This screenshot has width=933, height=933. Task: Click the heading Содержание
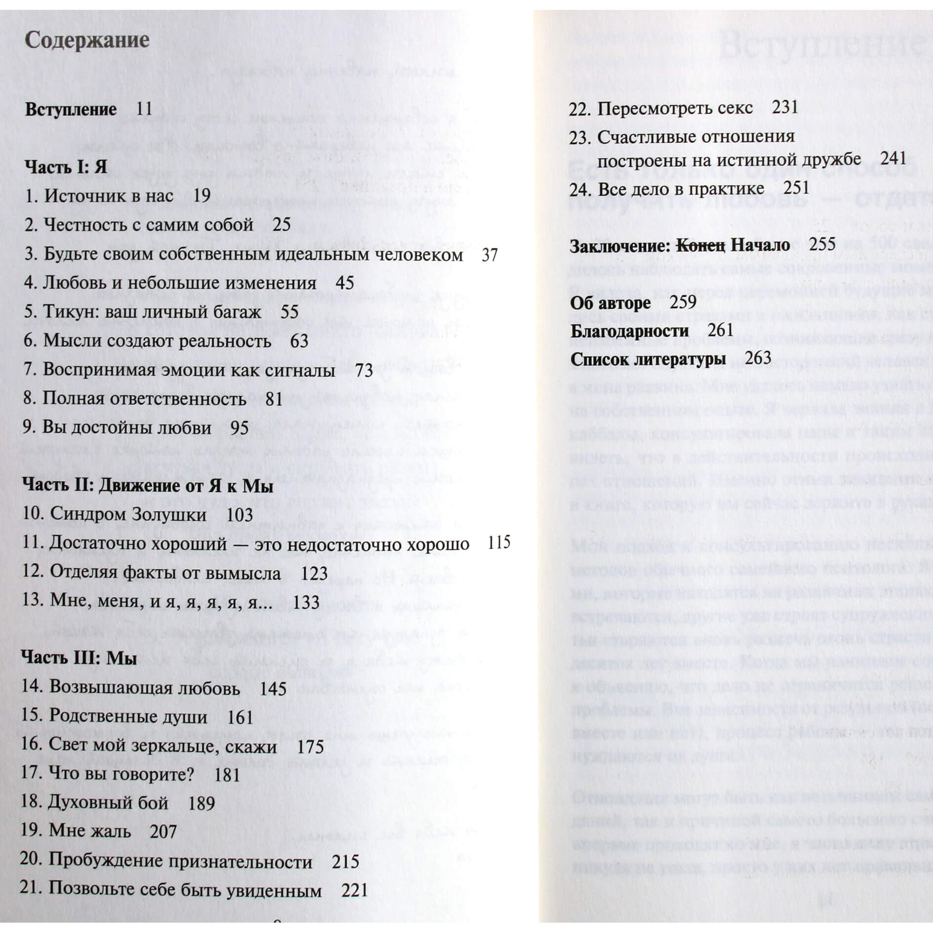(x=87, y=40)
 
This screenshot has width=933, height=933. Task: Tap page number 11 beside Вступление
(x=144, y=109)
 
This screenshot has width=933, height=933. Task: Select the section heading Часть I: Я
(x=66, y=166)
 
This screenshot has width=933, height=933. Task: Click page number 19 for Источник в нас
(x=201, y=195)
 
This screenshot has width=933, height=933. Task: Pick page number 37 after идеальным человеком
(x=489, y=255)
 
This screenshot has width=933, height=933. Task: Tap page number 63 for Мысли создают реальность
(x=299, y=341)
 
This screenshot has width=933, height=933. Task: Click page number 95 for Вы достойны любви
(x=239, y=428)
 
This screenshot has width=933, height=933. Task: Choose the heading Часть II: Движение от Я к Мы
(x=148, y=486)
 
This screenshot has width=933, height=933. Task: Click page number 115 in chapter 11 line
(x=499, y=543)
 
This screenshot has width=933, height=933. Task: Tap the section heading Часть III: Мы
(x=79, y=658)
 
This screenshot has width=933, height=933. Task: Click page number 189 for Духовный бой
(x=201, y=803)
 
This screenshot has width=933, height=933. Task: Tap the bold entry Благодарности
(x=629, y=331)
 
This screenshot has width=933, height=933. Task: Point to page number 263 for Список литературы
(x=758, y=358)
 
